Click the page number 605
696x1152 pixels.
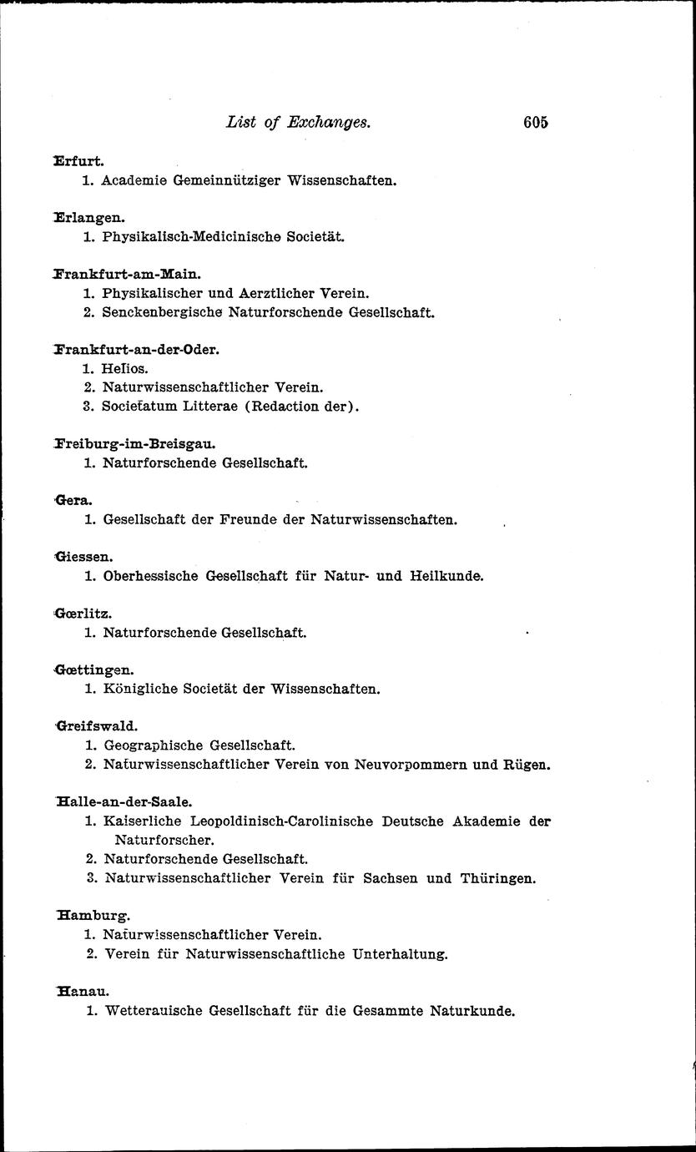(x=535, y=122)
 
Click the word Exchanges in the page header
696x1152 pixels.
(x=328, y=122)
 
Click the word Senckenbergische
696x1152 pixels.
(x=155, y=313)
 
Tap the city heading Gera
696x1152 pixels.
(x=73, y=499)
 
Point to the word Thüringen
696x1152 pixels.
(x=497, y=878)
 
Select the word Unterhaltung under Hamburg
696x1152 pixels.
(x=401, y=953)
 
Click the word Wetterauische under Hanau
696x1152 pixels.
(x=154, y=1011)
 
